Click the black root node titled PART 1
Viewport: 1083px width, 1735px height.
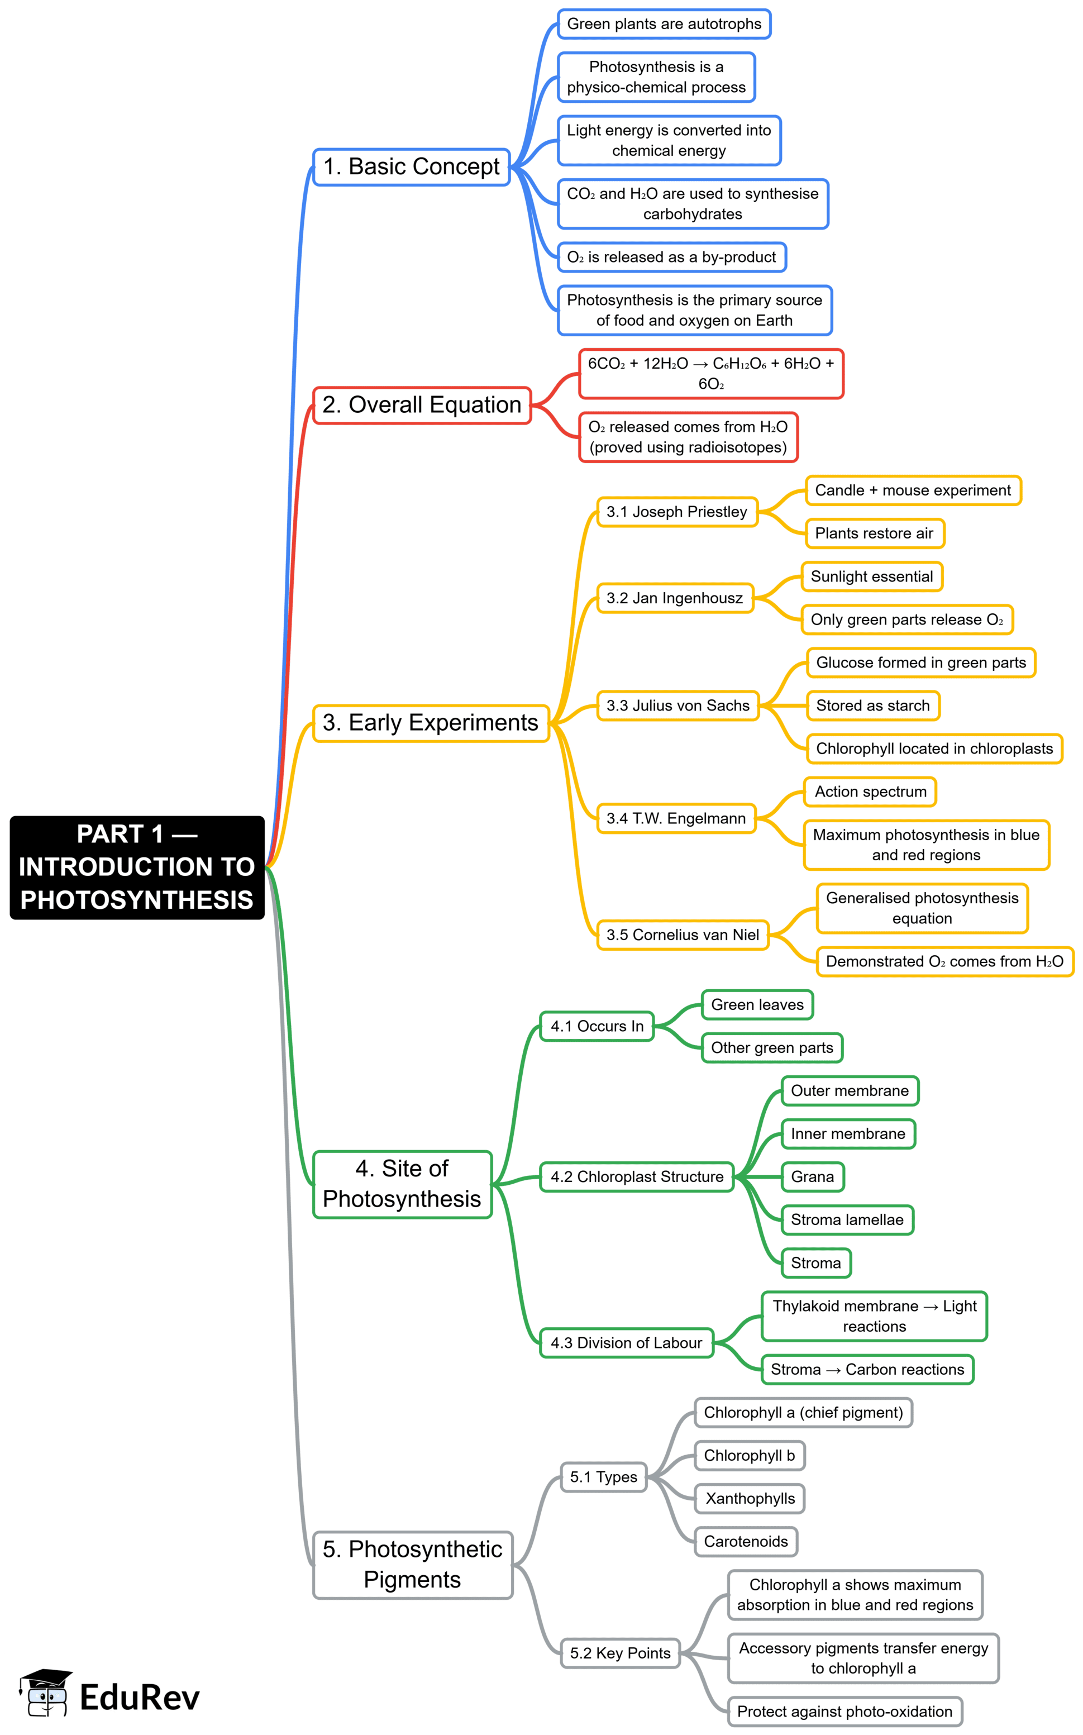click(x=137, y=867)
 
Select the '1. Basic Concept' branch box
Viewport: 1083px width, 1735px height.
click(x=411, y=167)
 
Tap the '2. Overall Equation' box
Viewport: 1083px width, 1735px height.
click(x=422, y=406)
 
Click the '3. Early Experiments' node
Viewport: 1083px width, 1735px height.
click(x=431, y=723)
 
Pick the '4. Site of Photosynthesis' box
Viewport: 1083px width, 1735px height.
click(x=402, y=1184)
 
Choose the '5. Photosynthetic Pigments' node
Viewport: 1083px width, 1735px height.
click(x=413, y=1565)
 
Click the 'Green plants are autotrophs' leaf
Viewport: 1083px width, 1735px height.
click(x=664, y=23)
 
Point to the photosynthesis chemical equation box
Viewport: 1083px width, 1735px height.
click(x=710, y=373)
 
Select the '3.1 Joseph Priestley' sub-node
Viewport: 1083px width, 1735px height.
click(x=677, y=512)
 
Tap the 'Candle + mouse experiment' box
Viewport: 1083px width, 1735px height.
click(x=913, y=490)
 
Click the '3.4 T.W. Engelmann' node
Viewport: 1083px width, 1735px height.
click(x=676, y=818)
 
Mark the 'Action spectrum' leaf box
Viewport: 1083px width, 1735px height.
click(x=870, y=792)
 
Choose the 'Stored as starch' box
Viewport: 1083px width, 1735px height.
click(x=872, y=706)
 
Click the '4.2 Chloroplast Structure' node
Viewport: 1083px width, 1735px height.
click(x=637, y=1177)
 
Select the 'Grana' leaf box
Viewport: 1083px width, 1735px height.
click(x=812, y=1177)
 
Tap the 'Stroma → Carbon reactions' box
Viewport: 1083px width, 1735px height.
click(x=867, y=1370)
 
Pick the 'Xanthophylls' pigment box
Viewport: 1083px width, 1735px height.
click(x=750, y=1499)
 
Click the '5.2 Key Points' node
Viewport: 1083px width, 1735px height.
click(x=621, y=1653)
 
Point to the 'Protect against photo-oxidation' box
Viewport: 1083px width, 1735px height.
click(x=845, y=1712)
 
